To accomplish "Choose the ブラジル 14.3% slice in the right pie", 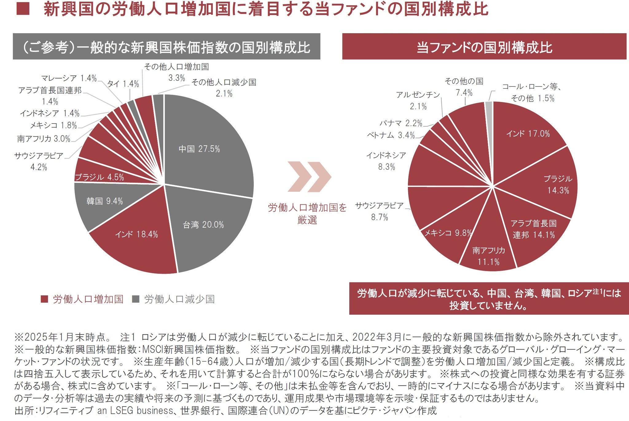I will [x=550, y=184].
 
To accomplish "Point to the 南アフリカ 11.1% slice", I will [x=488, y=252].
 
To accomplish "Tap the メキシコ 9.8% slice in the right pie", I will [x=448, y=237].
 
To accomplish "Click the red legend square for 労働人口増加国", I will [x=45, y=299].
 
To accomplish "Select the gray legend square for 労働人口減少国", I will [x=135, y=299].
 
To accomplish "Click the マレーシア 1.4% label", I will [x=69, y=78].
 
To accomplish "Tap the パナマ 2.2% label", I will [x=401, y=123].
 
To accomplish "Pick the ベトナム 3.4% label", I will [x=391, y=135].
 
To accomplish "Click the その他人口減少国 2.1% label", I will [x=224, y=88].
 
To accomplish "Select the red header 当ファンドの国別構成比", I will [x=484, y=47].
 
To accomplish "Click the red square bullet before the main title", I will [x=23, y=9].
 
